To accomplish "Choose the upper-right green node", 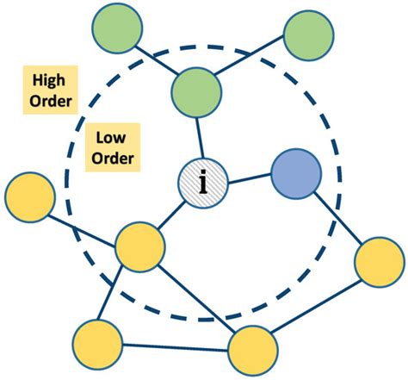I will click(309, 36).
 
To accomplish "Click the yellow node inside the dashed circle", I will click(139, 247).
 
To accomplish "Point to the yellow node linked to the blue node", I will click(379, 259).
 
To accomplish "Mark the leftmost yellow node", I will click(29, 196).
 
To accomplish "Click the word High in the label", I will click(50, 79).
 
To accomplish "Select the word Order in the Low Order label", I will click(114, 159).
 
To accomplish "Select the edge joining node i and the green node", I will click(200, 139).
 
